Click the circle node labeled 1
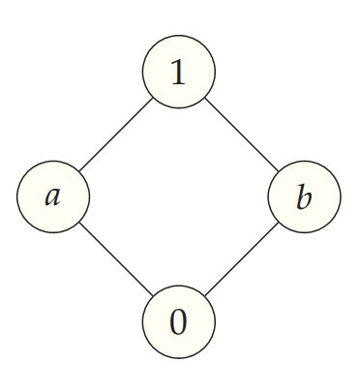coord(178,72)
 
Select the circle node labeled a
coord(53,196)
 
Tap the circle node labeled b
coord(304,197)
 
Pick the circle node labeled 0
coord(178,322)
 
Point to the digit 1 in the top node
coord(178,73)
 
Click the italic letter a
coord(53,197)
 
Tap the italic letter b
coord(304,197)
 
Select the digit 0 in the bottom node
coord(178,322)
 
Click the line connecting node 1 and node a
coord(116,134)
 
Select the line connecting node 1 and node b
coord(241,135)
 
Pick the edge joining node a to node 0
coord(116,259)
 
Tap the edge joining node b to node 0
coord(241,259)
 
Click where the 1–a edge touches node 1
coord(152,98)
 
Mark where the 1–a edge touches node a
coord(79,170)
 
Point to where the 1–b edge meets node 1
coord(204,98)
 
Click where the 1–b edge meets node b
coord(278,171)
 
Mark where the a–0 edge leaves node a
coord(79,223)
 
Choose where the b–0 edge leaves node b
coord(278,224)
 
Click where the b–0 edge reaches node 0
coord(204,296)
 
